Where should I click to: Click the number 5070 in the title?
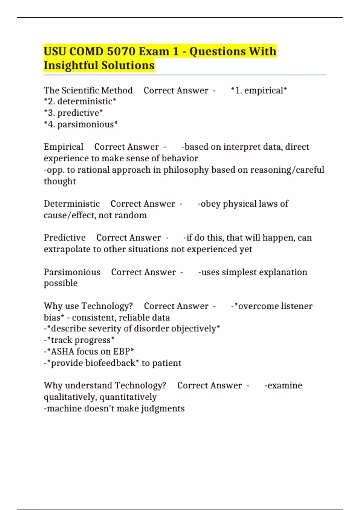coord(121,52)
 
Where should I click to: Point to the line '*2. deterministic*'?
coord(80,101)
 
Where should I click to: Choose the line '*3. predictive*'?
coord(73,113)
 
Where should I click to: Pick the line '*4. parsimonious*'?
coord(80,124)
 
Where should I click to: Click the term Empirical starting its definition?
coord(64,147)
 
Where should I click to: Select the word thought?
coord(60,181)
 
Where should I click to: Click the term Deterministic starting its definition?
coord(72,204)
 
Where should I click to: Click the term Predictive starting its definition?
coord(64,238)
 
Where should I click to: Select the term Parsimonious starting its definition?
coord(72,272)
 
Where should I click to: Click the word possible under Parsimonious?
coord(61,283)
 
